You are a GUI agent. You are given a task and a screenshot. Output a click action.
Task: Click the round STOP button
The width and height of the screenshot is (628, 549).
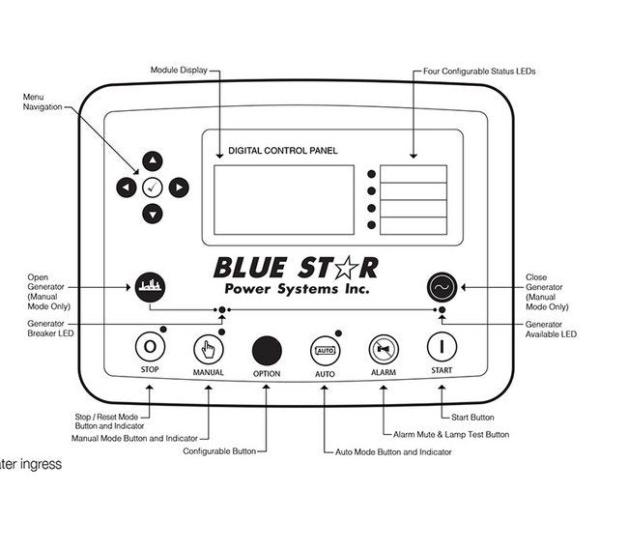click(x=150, y=346)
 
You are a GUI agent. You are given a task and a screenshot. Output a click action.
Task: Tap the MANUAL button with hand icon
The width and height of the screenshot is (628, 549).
click(x=208, y=347)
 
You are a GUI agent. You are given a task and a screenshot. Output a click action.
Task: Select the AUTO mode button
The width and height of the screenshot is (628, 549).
click(x=324, y=348)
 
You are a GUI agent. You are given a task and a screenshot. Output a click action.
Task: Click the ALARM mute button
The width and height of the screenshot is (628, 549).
click(x=384, y=348)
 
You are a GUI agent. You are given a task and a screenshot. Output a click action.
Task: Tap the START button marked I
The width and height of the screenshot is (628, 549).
click(x=442, y=346)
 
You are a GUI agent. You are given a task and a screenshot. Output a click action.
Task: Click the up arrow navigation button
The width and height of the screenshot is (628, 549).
click(x=153, y=161)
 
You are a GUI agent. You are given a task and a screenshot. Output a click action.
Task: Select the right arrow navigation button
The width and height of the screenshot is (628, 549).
click(x=179, y=188)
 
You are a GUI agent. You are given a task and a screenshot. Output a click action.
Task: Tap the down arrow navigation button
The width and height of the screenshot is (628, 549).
click(x=153, y=214)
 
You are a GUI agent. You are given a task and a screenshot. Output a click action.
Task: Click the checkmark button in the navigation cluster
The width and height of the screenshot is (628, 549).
click(x=153, y=188)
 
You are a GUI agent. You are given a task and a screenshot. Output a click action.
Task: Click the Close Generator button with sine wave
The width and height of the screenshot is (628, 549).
click(x=442, y=286)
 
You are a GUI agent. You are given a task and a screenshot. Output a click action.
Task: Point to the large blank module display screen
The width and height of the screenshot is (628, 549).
click(x=283, y=199)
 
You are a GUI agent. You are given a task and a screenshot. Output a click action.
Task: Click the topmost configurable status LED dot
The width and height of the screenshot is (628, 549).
click(x=371, y=175)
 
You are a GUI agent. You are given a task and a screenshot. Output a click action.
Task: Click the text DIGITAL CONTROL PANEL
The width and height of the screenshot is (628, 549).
click(x=282, y=151)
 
